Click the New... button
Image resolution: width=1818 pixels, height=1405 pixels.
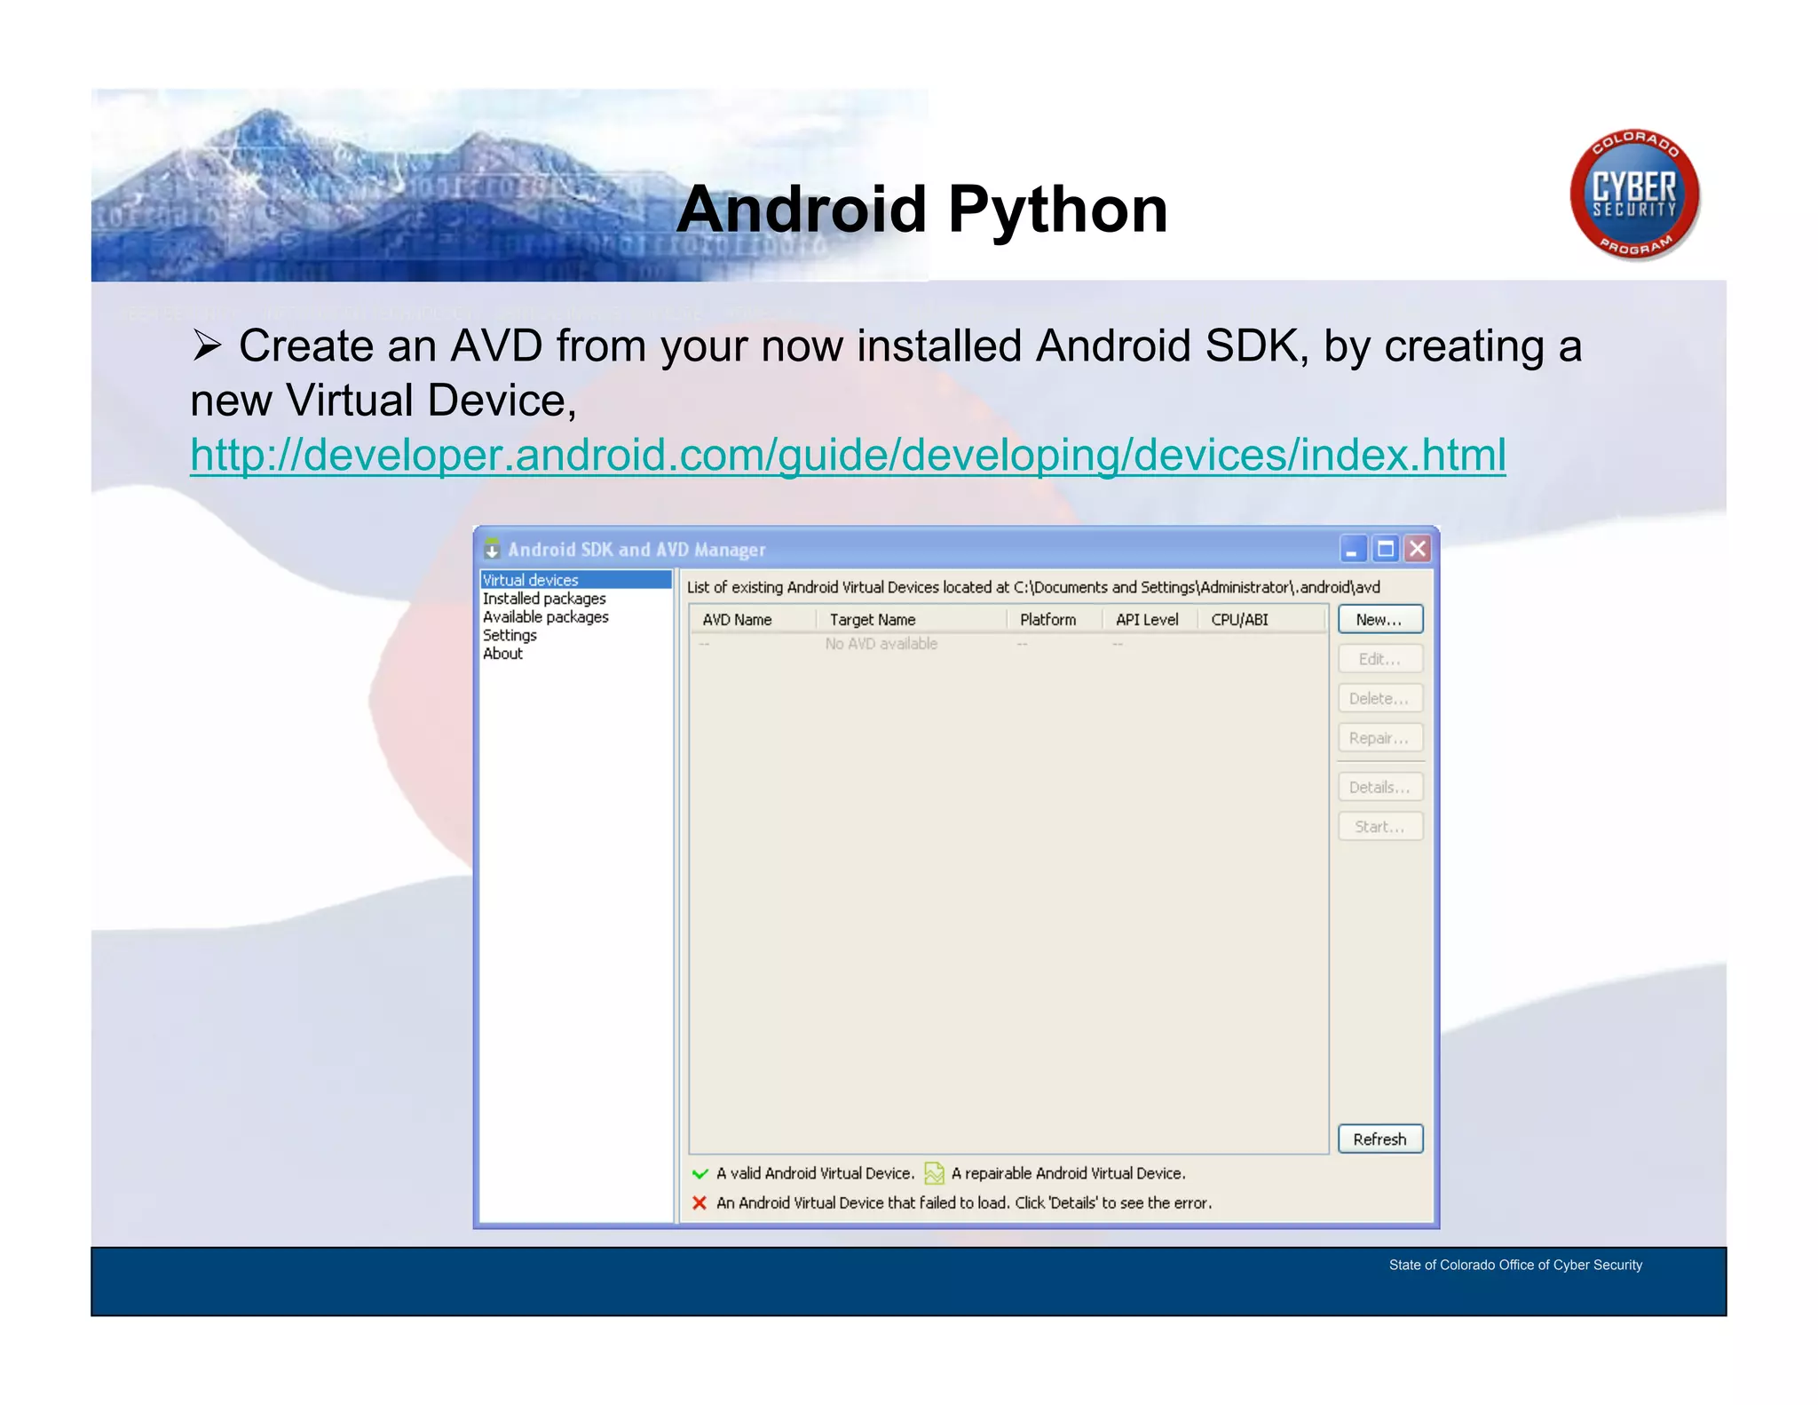(x=1379, y=619)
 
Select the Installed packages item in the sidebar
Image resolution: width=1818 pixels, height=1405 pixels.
(x=544, y=599)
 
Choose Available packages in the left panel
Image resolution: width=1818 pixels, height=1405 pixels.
(x=545, y=616)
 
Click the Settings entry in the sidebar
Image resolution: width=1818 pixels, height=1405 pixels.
(x=510, y=635)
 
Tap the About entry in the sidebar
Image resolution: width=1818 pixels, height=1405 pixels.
(x=502, y=654)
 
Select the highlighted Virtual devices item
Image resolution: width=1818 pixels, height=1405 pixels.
(x=531, y=580)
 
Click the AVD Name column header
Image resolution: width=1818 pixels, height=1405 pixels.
(x=737, y=620)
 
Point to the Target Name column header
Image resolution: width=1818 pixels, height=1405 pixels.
(x=872, y=620)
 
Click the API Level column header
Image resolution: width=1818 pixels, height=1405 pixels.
(x=1146, y=620)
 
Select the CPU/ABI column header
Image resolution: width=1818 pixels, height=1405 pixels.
(x=1239, y=620)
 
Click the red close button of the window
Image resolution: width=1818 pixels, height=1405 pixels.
(x=1418, y=549)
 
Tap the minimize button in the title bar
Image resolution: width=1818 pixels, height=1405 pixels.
(x=1352, y=549)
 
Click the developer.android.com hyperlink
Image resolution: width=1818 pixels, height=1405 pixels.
(x=848, y=455)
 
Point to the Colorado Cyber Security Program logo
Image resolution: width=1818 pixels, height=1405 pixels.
(x=1634, y=194)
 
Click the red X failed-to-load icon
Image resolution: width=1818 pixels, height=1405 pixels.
(x=700, y=1203)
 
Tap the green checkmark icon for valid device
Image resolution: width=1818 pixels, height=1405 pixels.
(x=700, y=1173)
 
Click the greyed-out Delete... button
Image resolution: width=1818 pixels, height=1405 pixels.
(x=1379, y=698)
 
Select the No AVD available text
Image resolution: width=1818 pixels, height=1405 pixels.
(x=881, y=644)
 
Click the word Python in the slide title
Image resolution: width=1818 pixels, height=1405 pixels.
(x=1057, y=210)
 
